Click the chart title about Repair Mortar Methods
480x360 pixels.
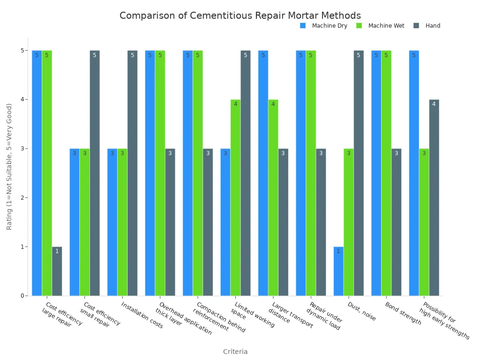click(x=240, y=15)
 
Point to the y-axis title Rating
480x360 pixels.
click(x=9, y=166)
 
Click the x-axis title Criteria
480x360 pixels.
click(x=235, y=352)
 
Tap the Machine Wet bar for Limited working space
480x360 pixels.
click(x=235, y=197)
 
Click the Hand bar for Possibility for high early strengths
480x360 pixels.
click(x=434, y=197)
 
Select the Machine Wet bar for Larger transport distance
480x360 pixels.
click(x=273, y=197)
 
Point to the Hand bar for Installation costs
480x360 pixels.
click(x=132, y=173)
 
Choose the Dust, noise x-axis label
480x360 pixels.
click(x=361, y=311)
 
